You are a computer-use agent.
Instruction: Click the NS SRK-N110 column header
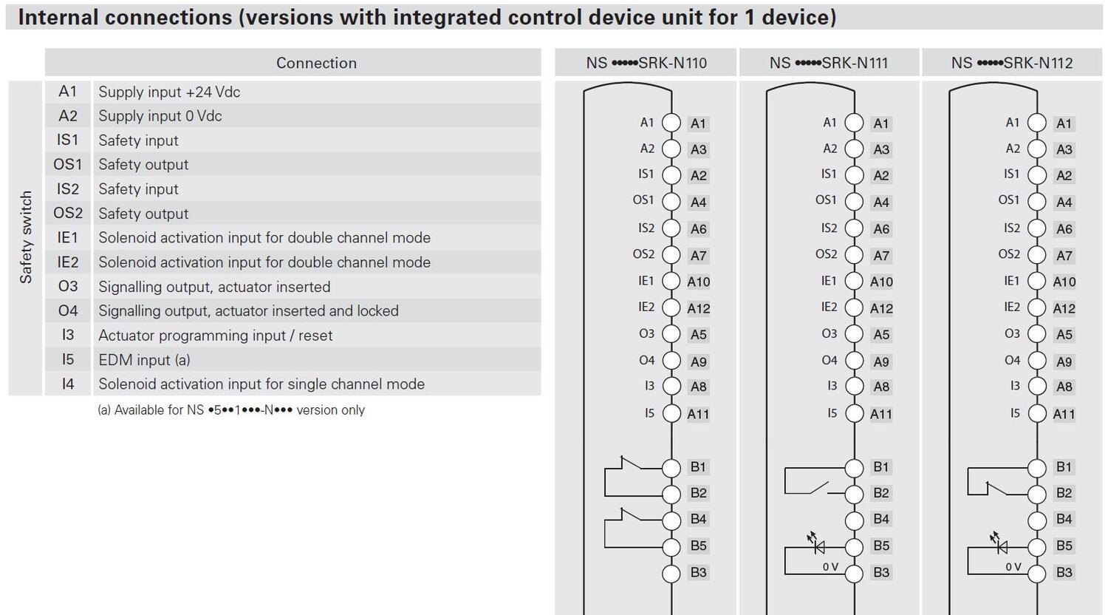(646, 63)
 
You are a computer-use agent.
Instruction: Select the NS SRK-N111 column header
(829, 63)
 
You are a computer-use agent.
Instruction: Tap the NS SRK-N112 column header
(1011, 63)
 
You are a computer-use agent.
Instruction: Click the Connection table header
(316, 63)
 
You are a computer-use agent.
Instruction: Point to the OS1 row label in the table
(67, 164)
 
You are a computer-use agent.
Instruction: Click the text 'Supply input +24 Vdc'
(169, 92)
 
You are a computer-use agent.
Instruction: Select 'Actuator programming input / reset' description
(215, 335)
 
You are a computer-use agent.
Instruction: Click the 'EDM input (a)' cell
(144, 359)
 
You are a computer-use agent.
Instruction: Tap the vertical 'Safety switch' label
(26, 237)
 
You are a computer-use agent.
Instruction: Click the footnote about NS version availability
(231, 410)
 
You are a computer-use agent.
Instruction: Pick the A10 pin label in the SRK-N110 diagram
(698, 282)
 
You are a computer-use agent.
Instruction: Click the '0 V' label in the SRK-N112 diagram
(1013, 567)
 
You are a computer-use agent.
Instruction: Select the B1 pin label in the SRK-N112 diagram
(1064, 466)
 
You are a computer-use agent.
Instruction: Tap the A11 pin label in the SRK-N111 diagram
(880, 414)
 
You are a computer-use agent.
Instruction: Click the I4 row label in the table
(67, 384)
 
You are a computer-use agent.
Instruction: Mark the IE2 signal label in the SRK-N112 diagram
(1011, 307)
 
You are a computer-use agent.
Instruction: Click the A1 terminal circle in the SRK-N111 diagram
(854, 123)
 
